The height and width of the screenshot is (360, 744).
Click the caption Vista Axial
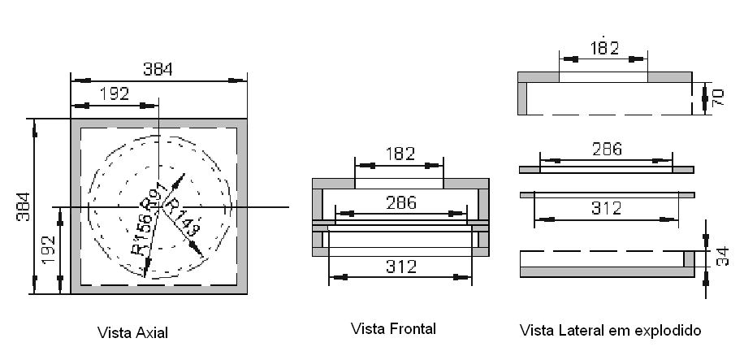click(x=133, y=332)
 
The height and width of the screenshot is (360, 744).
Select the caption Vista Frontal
click(x=394, y=329)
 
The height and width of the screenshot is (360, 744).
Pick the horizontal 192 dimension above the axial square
click(x=114, y=94)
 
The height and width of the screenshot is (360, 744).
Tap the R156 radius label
click(x=141, y=234)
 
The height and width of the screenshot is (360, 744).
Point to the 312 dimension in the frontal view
click(x=400, y=267)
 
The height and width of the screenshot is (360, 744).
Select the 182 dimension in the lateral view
click(x=603, y=48)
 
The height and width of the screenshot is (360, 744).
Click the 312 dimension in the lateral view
click(x=605, y=208)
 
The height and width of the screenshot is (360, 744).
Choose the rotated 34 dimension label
click(x=717, y=258)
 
